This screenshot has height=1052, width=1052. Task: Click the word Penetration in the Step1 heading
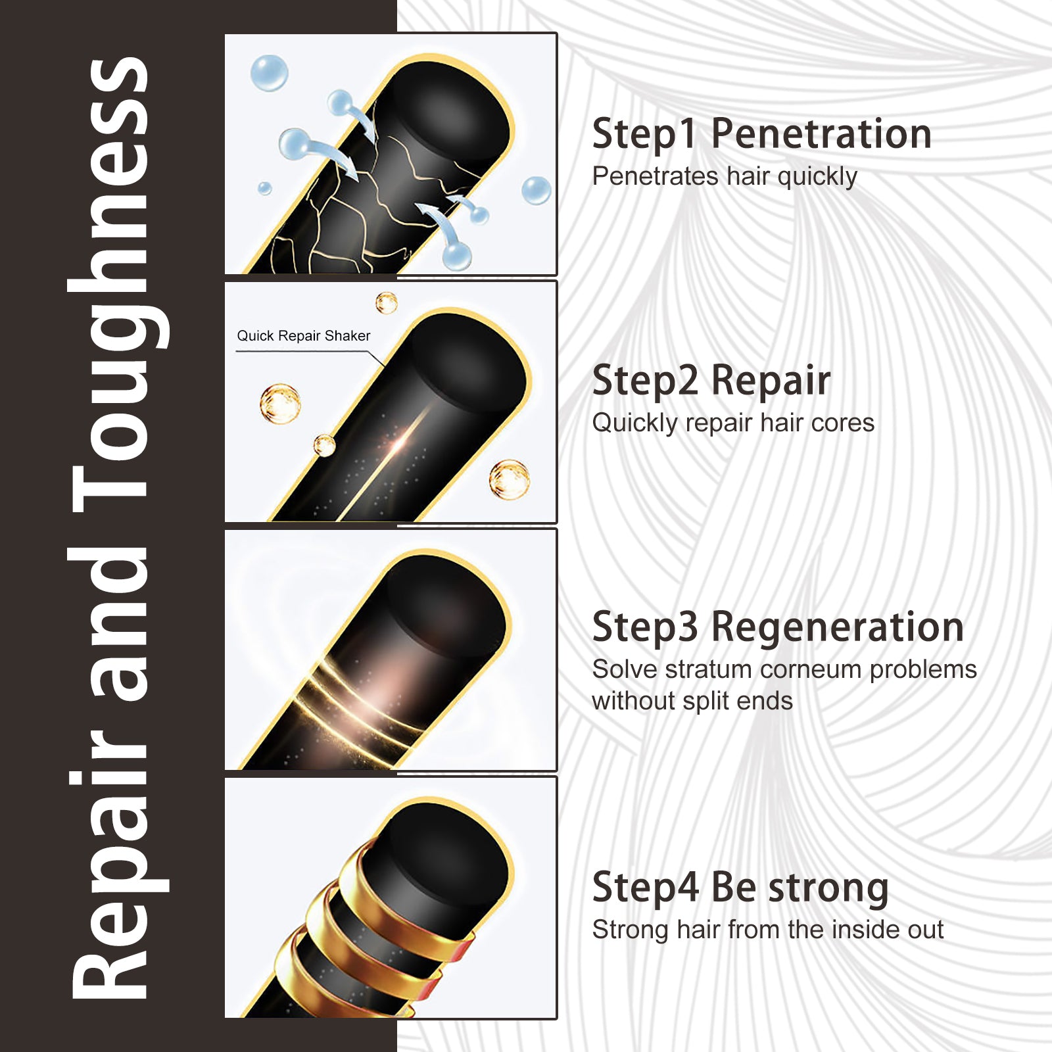pos(821,134)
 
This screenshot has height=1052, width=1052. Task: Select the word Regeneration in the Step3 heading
pos(838,628)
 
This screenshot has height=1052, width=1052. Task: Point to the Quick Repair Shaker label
pos(304,336)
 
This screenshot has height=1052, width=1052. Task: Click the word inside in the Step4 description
pos(867,930)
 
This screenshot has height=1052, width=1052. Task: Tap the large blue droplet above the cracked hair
pos(270,73)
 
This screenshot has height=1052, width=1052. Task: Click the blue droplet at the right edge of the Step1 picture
pos(537,191)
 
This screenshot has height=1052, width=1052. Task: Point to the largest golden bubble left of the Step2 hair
pos(281,403)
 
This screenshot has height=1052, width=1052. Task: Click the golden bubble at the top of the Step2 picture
pos(387,303)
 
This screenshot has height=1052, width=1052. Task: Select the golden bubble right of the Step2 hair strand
pos(510,479)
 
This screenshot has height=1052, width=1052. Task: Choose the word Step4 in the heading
pos(645,889)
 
